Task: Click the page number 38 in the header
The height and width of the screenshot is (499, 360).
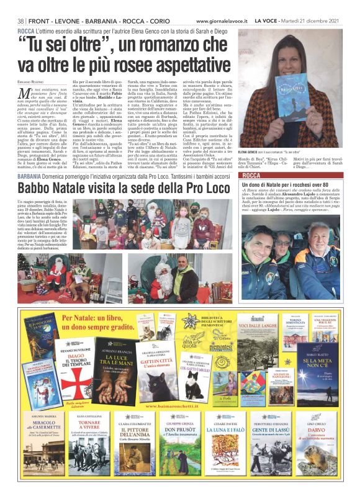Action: click(22, 20)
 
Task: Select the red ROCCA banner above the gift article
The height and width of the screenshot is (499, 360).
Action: click(272, 177)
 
